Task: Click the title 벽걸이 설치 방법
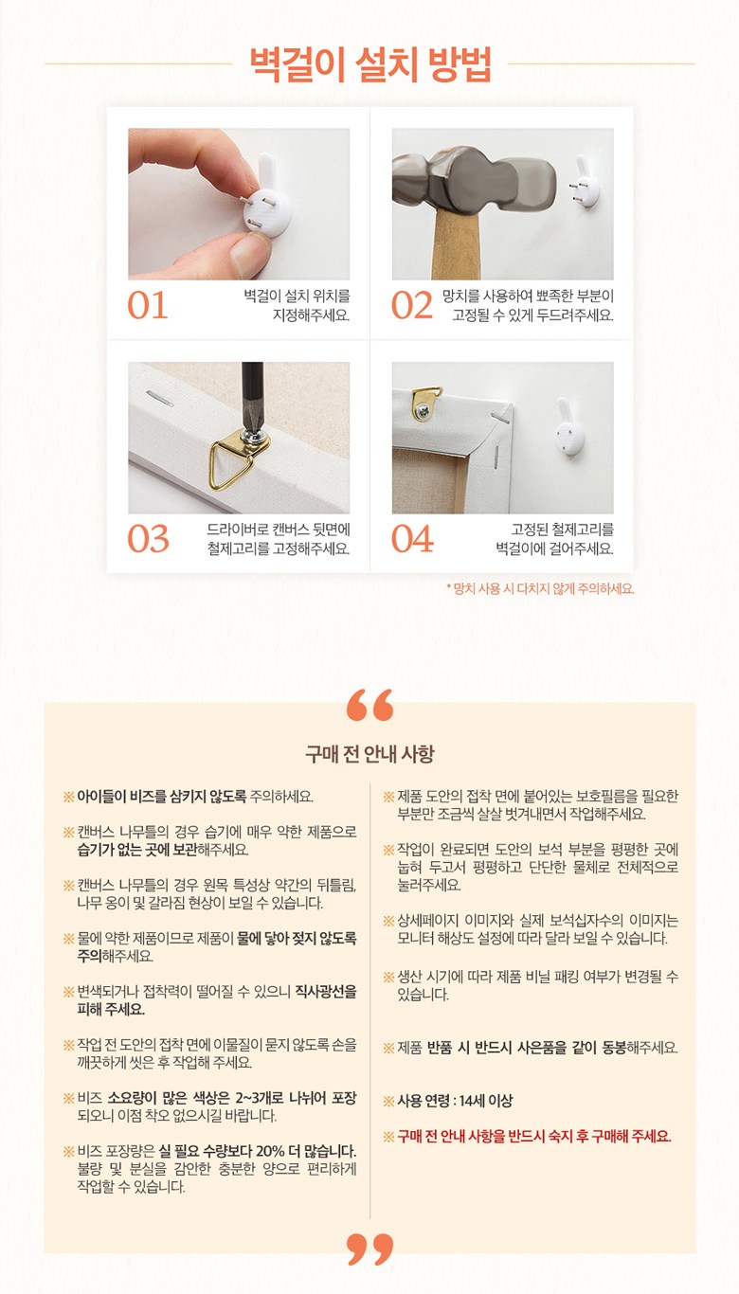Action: [x=369, y=64]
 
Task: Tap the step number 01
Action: [x=148, y=306]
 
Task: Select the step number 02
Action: [x=411, y=306]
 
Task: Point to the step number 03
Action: [x=148, y=539]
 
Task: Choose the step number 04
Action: [x=412, y=539]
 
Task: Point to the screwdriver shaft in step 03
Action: [x=252, y=399]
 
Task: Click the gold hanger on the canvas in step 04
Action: [x=425, y=403]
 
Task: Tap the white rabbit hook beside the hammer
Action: [x=586, y=181]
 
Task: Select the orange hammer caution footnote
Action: [x=540, y=588]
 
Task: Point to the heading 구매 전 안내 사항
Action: [x=369, y=754]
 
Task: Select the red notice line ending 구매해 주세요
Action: [x=528, y=1137]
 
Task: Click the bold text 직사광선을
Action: [x=326, y=992]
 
